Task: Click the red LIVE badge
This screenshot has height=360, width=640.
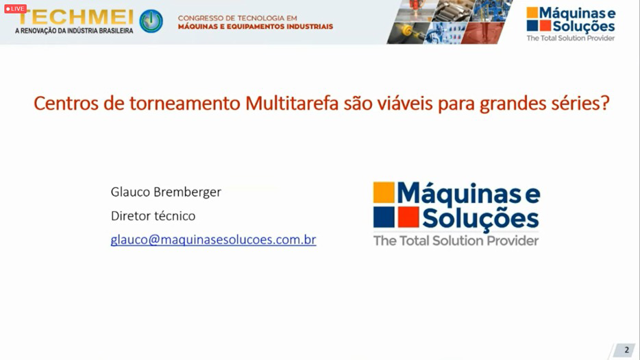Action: point(16,9)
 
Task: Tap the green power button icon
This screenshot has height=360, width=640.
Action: point(151,21)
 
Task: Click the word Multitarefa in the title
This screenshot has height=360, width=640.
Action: point(292,103)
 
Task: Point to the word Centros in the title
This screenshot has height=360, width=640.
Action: point(66,103)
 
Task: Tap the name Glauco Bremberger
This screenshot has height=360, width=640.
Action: point(166,191)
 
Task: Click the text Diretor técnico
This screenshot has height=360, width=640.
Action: point(153,215)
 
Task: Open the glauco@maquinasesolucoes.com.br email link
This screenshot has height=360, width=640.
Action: point(214,239)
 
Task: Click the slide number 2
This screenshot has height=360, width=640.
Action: point(626,350)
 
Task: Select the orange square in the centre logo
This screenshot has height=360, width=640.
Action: point(384,193)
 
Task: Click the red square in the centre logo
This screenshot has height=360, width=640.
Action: point(408,217)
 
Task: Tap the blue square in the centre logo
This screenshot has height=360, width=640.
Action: point(384,217)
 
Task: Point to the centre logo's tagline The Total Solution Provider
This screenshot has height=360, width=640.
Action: point(456,241)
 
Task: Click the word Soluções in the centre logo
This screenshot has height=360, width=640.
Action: point(480,219)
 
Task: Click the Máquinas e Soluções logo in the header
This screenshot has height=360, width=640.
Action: point(571,24)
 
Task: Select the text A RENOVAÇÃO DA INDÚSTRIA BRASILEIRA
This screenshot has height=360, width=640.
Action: point(74,31)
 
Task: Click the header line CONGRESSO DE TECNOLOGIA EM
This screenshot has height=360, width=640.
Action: point(238,18)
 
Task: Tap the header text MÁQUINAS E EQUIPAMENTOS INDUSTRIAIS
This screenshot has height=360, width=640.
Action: point(256,27)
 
